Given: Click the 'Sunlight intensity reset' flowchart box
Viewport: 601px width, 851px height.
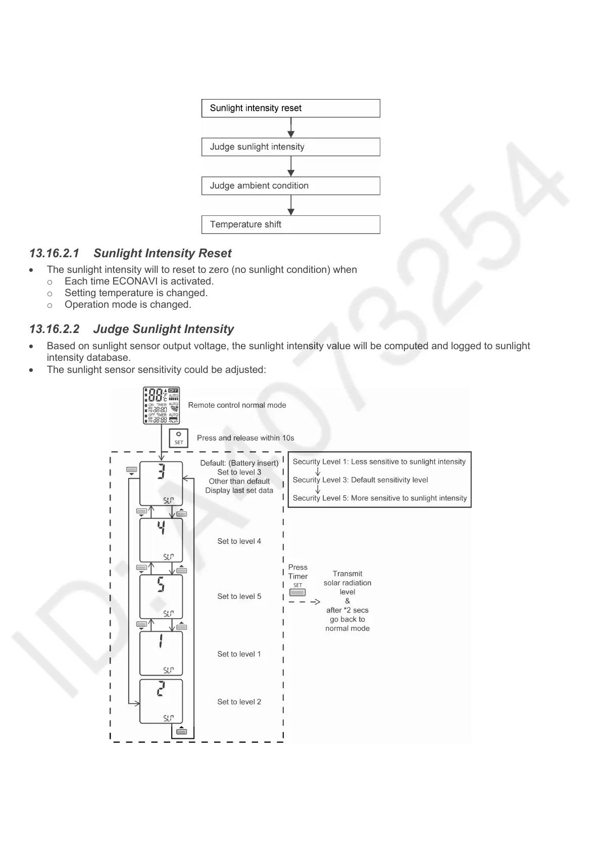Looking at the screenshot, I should (290, 108).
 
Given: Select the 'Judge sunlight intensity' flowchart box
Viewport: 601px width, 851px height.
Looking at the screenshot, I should (290, 147).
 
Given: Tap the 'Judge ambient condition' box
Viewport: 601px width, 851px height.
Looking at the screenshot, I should (290, 186).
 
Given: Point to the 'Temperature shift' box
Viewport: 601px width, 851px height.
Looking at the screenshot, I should (290, 224).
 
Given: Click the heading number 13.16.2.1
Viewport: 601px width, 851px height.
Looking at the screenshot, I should (55, 253).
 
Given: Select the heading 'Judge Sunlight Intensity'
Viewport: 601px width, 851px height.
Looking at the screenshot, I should (164, 329).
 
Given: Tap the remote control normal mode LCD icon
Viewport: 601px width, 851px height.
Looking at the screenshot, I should (162, 405).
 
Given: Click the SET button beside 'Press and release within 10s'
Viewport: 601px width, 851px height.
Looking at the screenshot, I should (179, 438).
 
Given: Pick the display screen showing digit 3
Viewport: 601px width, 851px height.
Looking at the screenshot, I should (161, 483).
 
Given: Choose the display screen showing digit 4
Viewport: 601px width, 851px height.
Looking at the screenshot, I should (161, 540).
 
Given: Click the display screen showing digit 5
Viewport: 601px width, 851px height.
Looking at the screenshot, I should (161, 596).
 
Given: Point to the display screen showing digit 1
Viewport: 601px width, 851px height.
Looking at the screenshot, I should (161, 653).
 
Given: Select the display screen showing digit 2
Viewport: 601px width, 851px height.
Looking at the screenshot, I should (161, 701).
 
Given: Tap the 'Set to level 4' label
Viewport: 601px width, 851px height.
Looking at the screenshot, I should (239, 541).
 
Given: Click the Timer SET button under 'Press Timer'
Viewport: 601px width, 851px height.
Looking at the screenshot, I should (297, 592).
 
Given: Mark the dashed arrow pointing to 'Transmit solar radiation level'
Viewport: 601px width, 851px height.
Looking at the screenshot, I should (305, 602).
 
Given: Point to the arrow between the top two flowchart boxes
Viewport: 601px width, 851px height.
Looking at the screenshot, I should (291, 127).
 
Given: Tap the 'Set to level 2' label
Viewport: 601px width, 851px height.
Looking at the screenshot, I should (239, 702).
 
